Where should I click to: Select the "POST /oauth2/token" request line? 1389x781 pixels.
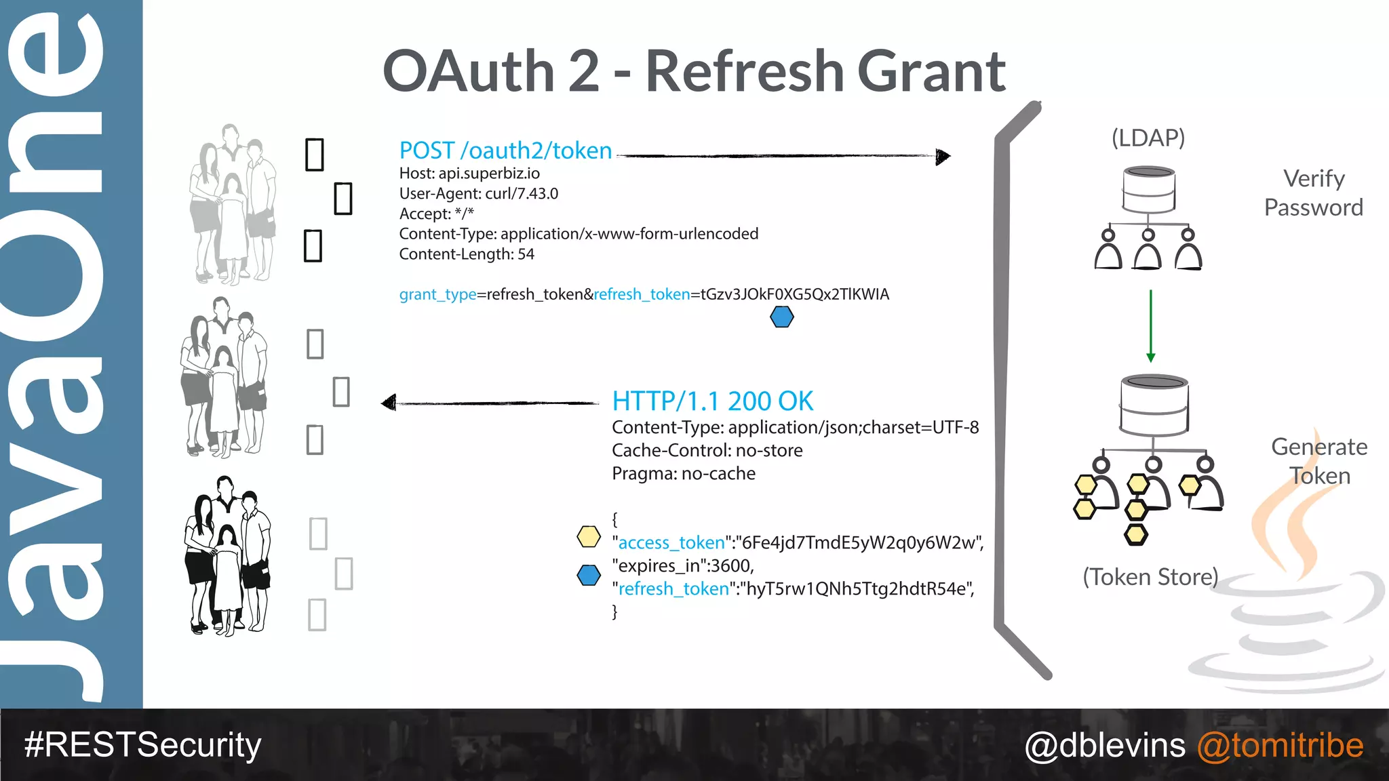(505, 151)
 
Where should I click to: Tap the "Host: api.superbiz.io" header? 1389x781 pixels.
(469, 174)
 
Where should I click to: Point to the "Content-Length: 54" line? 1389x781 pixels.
(467, 254)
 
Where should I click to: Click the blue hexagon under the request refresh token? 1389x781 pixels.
(782, 317)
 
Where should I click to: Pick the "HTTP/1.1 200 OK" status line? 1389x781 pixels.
(712, 401)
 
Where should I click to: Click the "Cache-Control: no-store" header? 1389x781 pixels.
(707, 450)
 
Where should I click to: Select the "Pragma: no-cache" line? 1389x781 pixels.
(683, 473)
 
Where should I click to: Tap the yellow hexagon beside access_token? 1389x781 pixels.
(588, 537)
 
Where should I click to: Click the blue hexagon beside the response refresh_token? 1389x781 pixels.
(588, 575)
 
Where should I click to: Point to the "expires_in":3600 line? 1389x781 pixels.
(682, 565)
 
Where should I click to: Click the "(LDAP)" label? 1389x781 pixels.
(1148, 138)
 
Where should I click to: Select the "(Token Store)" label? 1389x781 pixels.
(1150, 577)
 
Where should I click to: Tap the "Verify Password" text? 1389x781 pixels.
(1313, 193)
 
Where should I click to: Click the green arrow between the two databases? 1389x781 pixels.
(1150, 326)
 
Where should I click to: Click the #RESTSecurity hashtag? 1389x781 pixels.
(142, 745)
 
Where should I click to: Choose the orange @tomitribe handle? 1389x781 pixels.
(1280, 745)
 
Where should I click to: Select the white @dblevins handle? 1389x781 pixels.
(1105, 745)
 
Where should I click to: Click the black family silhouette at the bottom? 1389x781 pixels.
(227, 556)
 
